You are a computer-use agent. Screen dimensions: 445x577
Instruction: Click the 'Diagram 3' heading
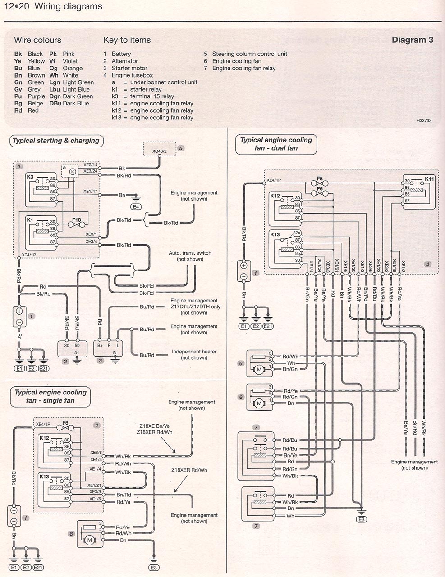[x=413, y=40]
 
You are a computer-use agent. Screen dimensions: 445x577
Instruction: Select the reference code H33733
[x=424, y=120]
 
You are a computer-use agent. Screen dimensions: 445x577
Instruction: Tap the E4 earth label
[x=136, y=206]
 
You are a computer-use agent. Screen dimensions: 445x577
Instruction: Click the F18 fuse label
[x=77, y=220]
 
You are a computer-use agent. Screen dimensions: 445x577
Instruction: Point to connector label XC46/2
[x=159, y=151]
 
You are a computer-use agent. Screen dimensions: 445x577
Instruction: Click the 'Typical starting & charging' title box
[x=56, y=141]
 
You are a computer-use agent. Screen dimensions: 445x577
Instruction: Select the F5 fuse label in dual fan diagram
[x=320, y=179]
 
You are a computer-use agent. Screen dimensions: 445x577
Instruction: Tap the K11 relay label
[x=429, y=179]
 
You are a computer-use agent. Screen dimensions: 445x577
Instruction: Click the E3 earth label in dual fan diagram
[x=361, y=519]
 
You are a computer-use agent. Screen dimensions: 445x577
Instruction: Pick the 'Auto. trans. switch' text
[x=190, y=253]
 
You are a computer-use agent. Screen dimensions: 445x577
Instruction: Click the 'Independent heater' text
[x=194, y=352]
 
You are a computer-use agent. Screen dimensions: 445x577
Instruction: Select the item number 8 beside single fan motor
[x=71, y=534]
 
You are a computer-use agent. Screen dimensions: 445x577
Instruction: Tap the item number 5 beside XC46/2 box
[x=181, y=148]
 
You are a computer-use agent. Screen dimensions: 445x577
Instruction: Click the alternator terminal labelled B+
[x=100, y=345]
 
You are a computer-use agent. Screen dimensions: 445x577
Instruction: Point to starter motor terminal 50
[x=77, y=345]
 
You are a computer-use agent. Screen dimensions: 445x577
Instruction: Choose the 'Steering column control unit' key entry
[x=246, y=54]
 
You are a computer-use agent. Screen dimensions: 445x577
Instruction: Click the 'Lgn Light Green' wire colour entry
[x=71, y=82]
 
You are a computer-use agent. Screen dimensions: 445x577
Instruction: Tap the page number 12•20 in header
[x=17, y=6]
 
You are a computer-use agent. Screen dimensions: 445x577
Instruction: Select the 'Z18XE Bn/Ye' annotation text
[x=155, y=426]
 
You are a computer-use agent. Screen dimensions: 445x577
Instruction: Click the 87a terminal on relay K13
[x=297, y=233]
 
